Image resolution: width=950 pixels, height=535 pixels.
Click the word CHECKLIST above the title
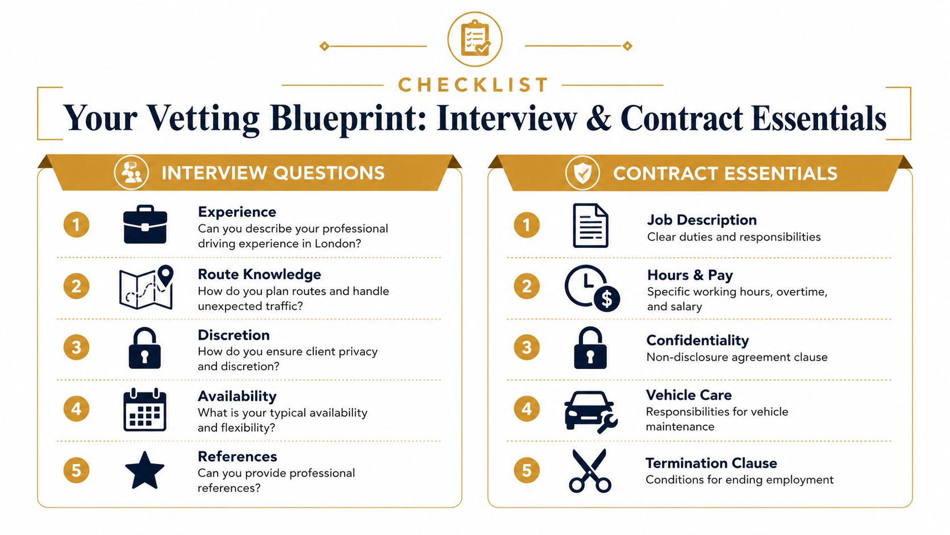473,85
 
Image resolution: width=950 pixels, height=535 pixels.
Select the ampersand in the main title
598,118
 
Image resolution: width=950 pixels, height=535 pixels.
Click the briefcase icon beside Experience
145,225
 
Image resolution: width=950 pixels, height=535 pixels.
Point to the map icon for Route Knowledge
147,287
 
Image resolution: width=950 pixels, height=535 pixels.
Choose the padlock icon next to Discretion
145,347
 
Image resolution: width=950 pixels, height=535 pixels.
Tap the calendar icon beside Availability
145,409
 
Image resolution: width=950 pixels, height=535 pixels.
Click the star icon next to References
145,470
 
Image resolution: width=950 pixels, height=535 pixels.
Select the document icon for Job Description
590,225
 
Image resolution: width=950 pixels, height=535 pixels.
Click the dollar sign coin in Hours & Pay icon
607,298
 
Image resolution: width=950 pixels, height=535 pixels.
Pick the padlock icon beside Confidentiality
590,347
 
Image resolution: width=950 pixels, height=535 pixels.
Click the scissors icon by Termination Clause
590,471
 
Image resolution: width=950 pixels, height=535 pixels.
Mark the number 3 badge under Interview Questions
76,347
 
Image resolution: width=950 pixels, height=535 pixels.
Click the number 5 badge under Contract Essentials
527,470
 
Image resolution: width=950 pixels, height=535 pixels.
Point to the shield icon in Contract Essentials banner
582,173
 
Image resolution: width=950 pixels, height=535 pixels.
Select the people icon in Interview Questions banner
131,173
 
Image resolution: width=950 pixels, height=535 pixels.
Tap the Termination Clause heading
711,463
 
